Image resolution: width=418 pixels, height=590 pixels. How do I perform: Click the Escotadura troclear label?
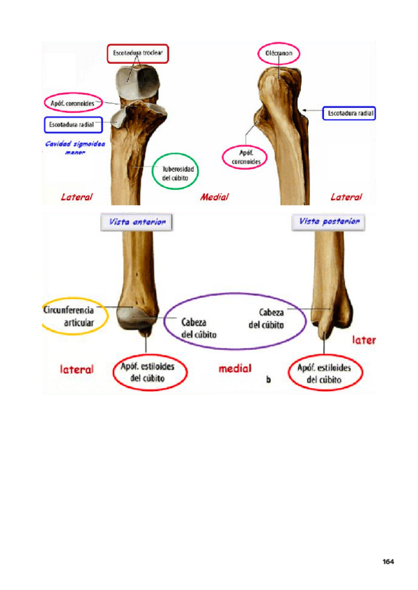click(138, 54)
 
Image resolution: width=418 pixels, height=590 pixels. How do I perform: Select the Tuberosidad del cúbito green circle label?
click(180, 171)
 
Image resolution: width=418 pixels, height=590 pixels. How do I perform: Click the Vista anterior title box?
click(137, 222)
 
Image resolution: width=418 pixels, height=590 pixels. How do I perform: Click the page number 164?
click(388, 561)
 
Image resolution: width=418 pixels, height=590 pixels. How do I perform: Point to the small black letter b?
click(269, 381)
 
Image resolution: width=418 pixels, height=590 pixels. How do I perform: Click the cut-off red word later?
click(364, 340)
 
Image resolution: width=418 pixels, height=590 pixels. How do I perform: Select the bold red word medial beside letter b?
click(235, 368)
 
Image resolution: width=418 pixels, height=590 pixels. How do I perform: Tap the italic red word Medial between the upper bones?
click(214, 197)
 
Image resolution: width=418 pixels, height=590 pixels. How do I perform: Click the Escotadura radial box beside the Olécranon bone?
click(349, 112)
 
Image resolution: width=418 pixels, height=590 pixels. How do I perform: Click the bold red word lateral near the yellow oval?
click(77, 369)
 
